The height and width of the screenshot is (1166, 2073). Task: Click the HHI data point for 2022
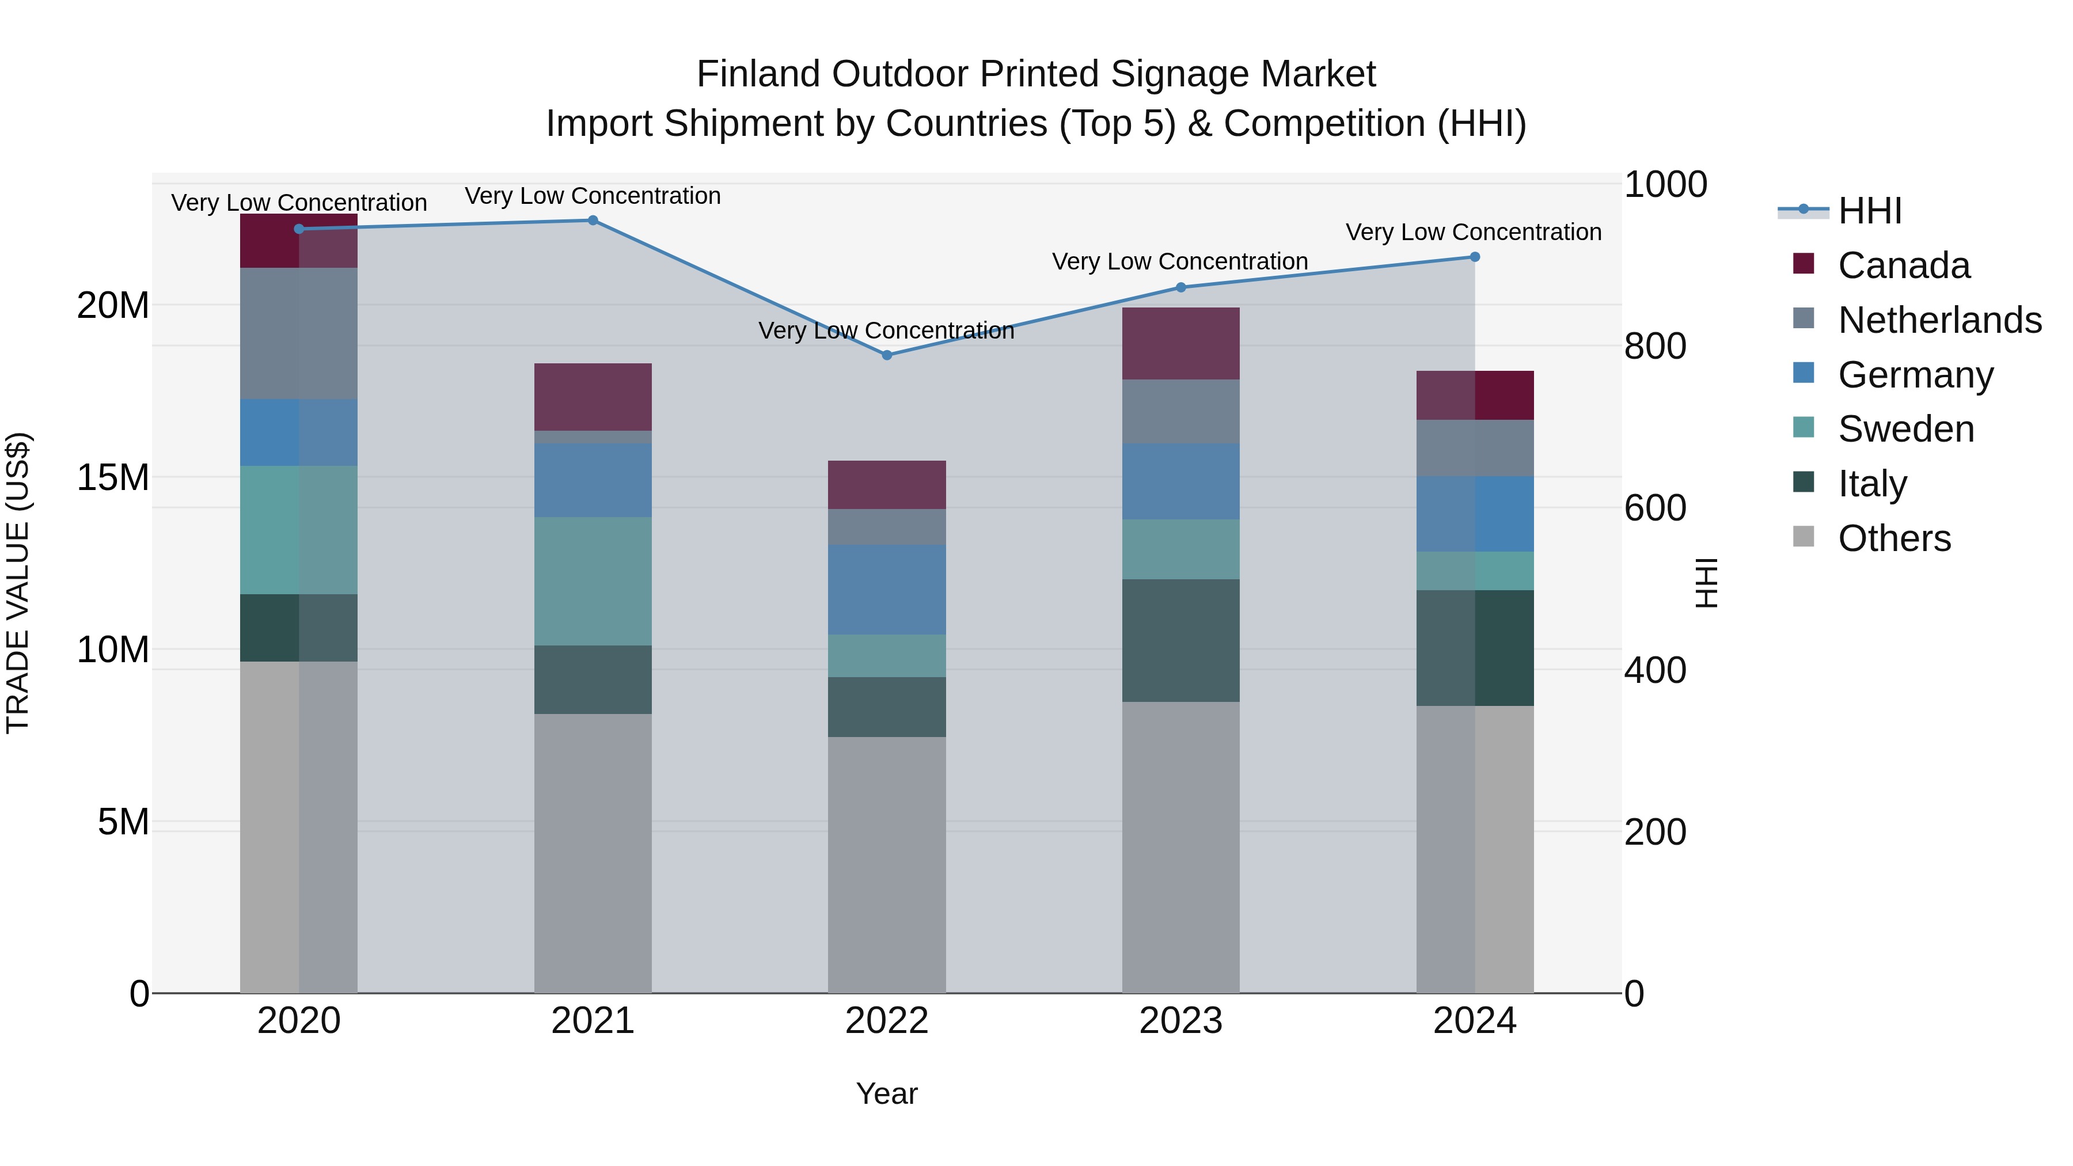click(887, 355)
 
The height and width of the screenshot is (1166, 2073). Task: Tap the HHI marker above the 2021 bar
click(593, 221)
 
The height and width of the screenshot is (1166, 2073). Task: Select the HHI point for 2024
click(1474, 257)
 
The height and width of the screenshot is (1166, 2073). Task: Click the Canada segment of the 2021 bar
click(593, 397)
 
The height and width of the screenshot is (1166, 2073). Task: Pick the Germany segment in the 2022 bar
click(887, 589)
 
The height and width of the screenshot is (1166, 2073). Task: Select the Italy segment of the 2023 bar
click(1180, 640)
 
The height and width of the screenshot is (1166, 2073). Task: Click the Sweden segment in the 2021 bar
click(593, 580)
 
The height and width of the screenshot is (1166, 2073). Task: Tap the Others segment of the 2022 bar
click(887, 864)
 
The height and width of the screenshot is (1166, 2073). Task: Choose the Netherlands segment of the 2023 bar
click(1180, 411)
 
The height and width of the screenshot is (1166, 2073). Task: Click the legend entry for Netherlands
click(1939, 320)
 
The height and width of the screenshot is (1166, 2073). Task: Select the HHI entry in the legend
click(1869, 211)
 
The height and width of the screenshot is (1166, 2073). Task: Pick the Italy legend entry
click(1872, 484)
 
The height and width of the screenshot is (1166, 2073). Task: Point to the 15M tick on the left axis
click(113, 477)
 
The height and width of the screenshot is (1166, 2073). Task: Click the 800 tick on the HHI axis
click(1654, 346)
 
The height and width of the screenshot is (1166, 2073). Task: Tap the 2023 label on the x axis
click(1180, 1021)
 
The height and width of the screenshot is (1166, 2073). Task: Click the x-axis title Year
click(886, 1093)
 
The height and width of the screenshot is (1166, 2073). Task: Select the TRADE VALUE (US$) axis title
click(18, 583)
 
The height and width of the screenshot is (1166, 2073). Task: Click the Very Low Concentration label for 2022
click(886, 331)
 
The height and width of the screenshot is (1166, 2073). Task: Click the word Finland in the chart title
click(759, 74)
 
